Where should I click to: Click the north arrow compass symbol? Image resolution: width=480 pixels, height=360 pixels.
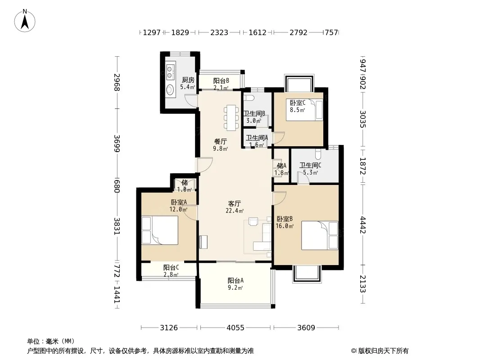(25, 21)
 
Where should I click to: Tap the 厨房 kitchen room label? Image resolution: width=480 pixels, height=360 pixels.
(188, 80)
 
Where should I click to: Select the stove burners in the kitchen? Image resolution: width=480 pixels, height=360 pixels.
(170, 71)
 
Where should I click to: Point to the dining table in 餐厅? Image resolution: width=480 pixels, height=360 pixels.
(231, 117)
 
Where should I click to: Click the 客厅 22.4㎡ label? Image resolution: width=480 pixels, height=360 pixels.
(235, 207)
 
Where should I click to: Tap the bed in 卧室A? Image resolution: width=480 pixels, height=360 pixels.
(160, 230)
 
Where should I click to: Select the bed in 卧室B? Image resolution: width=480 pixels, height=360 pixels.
(320, 235)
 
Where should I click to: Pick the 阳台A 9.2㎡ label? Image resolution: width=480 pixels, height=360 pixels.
(235, 284)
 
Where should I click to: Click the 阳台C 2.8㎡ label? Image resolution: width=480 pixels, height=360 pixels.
(171, 271)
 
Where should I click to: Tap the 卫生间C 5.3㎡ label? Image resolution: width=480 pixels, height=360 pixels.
(310, 169)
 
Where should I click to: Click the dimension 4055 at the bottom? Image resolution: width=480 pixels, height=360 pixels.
(235, 328)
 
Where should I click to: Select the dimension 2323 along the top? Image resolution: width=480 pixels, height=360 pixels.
(219, 32)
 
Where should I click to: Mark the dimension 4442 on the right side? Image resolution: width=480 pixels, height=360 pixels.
(363, 225)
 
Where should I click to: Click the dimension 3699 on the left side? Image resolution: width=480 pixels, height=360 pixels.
(117, 143)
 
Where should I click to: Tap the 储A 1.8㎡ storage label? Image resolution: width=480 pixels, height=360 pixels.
(281, 169)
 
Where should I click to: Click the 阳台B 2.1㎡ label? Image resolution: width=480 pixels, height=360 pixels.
(221, 84)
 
